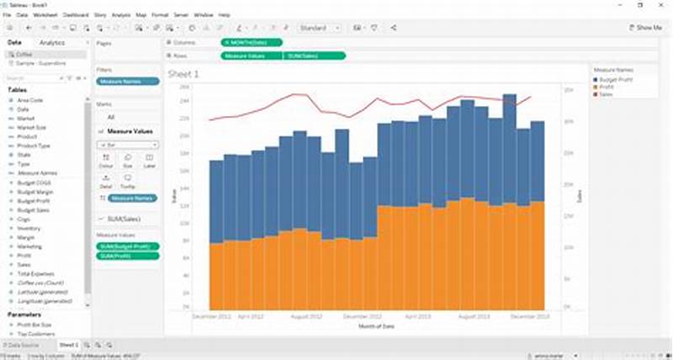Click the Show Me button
[646, 28]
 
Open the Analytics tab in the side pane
[51, 42]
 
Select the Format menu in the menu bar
[159, 15]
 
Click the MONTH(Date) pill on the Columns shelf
[252, 42]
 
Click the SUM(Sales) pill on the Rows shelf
[315, 56]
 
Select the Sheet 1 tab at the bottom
[68, 345]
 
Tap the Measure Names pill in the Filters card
[128, 82]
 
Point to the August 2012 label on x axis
[305, 317]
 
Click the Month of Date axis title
[376, 326]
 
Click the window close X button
[665, 4]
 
